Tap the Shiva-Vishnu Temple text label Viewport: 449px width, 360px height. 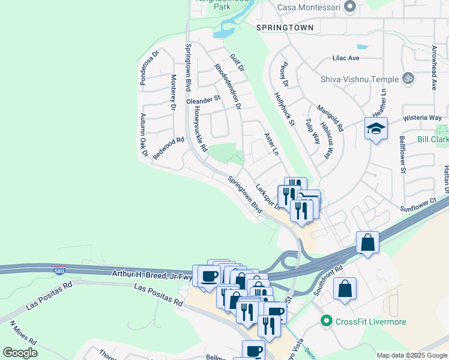[x=360, y=79]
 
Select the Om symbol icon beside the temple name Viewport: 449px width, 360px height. [x=409, y=79]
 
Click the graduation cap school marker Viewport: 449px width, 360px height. [x=376, y=128]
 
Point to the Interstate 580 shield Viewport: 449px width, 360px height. [x=59, y=270]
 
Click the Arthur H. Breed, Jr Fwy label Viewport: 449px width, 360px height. [x=151, y=274]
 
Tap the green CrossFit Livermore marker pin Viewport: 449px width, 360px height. [x=327, y=322]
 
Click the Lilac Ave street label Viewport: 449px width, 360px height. [x=346, y=58]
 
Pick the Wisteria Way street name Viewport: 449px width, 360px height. [x=422, y=118]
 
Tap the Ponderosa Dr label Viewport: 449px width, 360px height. [x=148, y=68]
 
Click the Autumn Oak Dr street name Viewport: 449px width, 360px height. [x=143, y=136]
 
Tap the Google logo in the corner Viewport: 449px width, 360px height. [x=20, y=352]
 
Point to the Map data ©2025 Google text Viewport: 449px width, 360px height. [x=411, y=355]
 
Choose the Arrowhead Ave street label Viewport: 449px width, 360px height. [x=433, y=67]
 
